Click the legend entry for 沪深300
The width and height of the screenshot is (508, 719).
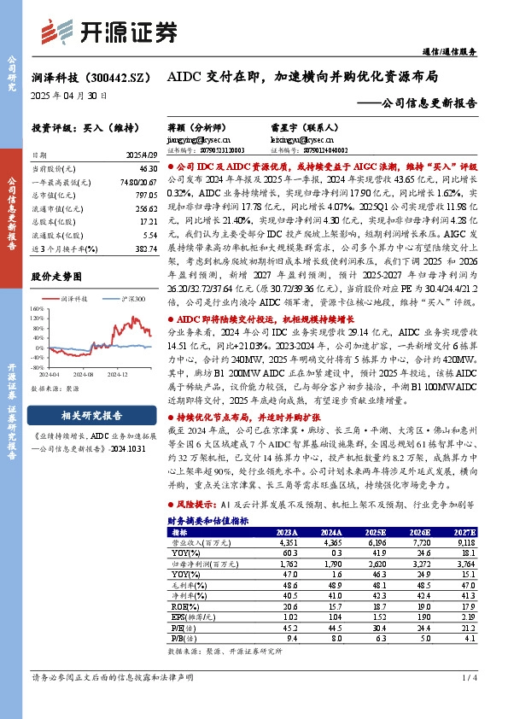[x=128, y=300]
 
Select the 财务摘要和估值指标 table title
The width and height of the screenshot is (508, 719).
[x=208, y=520]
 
